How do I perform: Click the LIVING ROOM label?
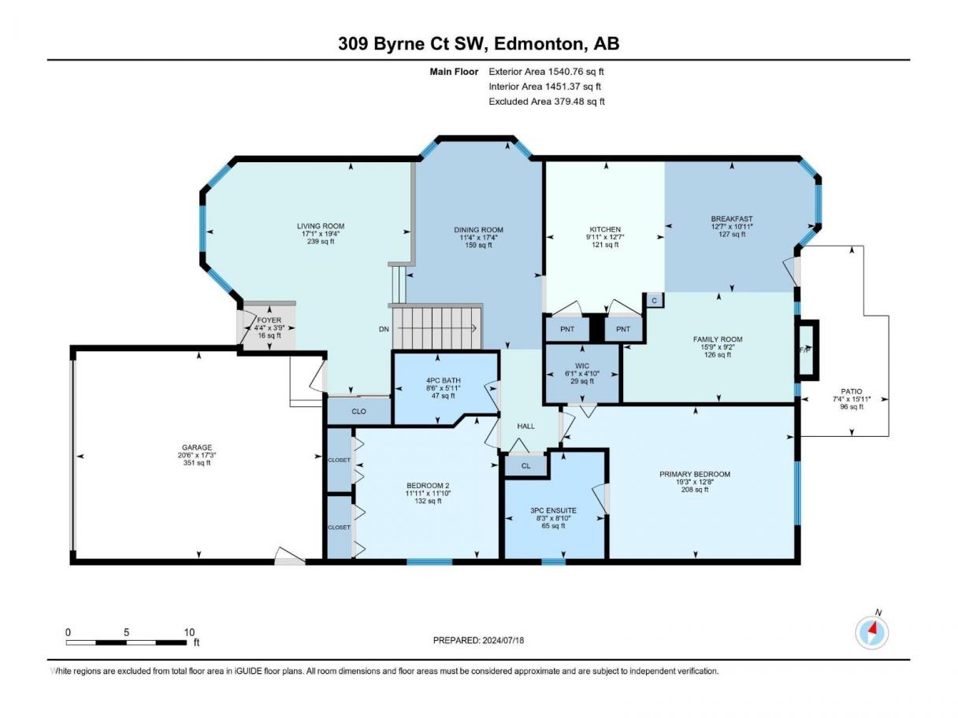click(321, 226)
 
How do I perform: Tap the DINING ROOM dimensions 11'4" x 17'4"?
click(478, 238)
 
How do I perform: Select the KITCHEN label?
click(605, 229)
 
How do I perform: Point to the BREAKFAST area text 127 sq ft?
click(732, 234)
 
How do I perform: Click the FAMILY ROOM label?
click(718, 339)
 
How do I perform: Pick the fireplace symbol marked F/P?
click(806, 350)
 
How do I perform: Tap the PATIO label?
click(851, 391)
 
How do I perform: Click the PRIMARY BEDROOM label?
click(695, 474)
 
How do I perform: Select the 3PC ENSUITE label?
click(553, 510)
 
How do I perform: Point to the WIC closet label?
click(582, 366)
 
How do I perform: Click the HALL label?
click(526, 426)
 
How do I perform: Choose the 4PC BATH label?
click(444, 380)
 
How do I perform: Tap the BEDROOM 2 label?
click(428, 486)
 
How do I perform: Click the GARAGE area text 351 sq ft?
click(197, 463)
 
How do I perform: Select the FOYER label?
click(269, 320)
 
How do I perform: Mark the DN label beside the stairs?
click(384, 329)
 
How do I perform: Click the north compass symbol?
click(871, 632)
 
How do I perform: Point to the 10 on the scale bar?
click(189, 632)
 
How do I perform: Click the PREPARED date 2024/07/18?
click(503, 640)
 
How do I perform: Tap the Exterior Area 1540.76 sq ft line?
click(546, 72)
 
